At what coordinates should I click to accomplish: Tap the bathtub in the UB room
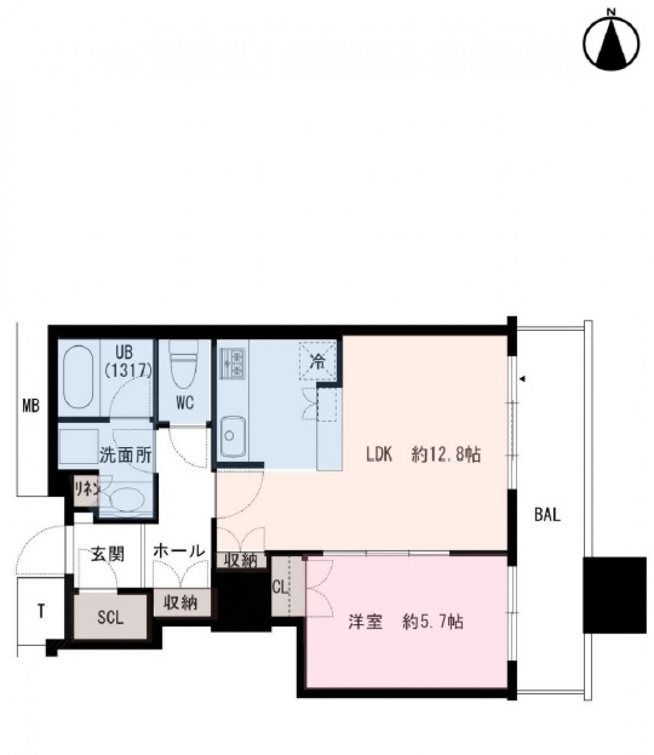(78, 377)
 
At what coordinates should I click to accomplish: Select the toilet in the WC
(183, 364)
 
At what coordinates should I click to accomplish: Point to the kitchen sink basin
(233, 436)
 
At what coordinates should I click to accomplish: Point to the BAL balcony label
(547, 515)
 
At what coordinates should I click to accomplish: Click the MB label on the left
(31, 406)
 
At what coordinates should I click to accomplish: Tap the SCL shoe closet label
(110, 618)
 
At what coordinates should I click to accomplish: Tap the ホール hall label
(178, 551)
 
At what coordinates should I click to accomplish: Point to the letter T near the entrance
(41, 611)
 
